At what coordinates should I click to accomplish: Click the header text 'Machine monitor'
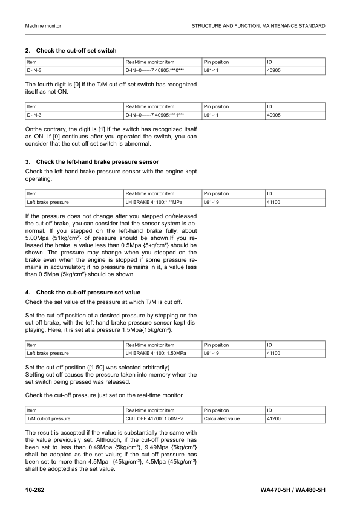(44, 26)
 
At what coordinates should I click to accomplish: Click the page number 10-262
(37, 488)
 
